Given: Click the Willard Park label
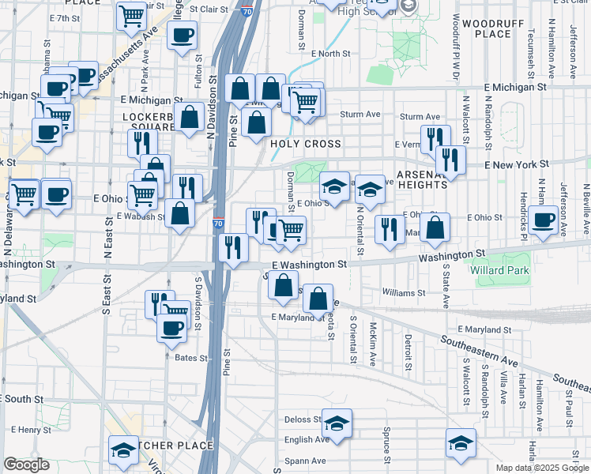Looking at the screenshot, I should (504, 270).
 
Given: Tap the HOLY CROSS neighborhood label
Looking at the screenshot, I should (306, 144).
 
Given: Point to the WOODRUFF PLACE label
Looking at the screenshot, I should (487, 28).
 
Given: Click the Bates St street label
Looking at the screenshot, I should (190, 358).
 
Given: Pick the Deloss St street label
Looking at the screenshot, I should (303, 419).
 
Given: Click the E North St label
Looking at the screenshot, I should (330, 53).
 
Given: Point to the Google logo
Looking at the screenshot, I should (26, 465).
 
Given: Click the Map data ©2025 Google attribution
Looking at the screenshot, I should (542, 468).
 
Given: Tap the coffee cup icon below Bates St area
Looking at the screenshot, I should (171, 327).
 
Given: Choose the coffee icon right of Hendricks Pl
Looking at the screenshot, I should (544, 219).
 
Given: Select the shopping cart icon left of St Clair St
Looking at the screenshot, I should (131, 15).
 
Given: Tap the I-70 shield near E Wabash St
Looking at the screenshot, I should (218, 224).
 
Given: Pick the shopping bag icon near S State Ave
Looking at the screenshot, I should (435, 227).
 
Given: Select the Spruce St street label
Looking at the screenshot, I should (387, 448).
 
